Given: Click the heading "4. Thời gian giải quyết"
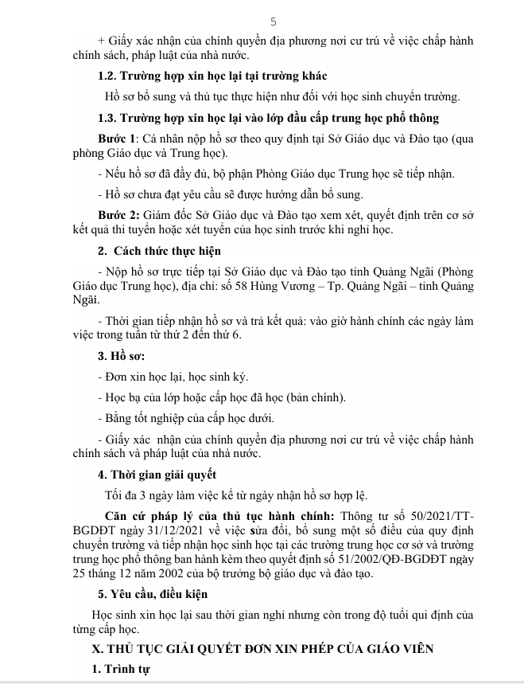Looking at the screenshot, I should click(x=151, y=476).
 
